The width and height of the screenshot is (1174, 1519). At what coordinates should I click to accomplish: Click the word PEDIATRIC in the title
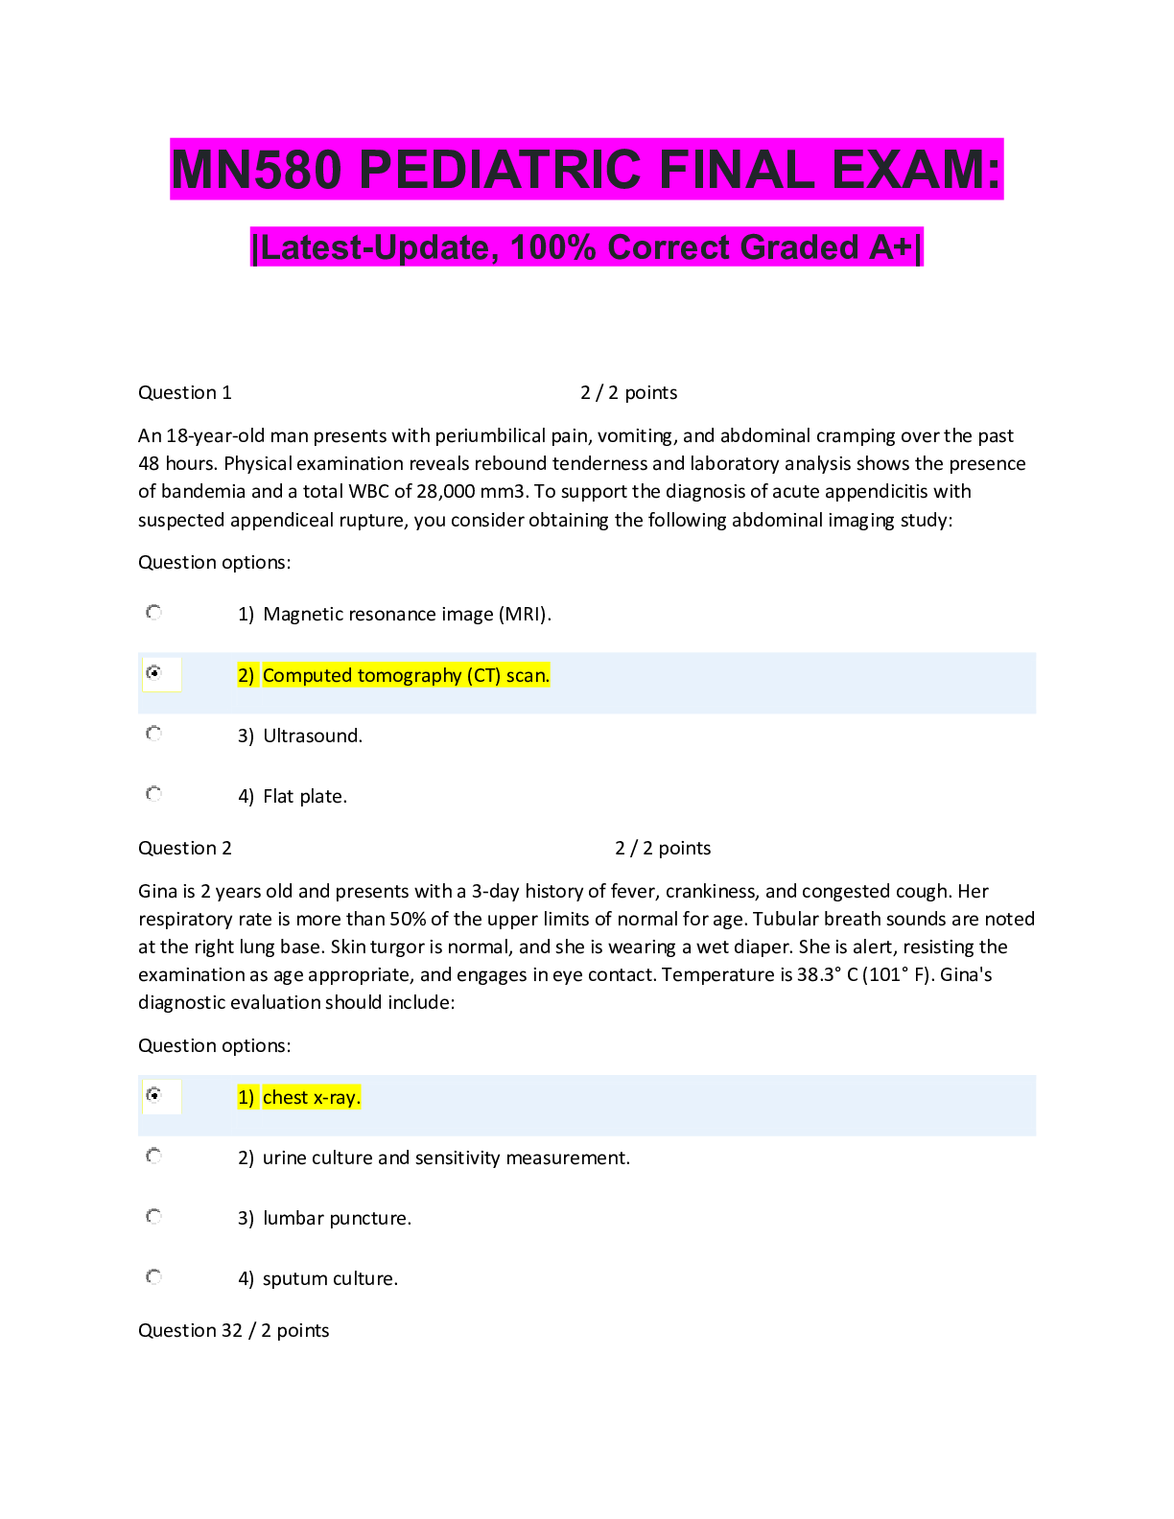click(500, 170)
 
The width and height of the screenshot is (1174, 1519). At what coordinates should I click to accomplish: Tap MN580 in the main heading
click(256, 170)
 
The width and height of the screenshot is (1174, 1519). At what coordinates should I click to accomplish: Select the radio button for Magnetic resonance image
click(153, 613)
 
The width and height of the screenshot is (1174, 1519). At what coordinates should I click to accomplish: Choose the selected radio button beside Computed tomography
click(153, 673)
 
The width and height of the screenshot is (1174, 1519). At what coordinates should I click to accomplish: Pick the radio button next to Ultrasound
click(153, 734)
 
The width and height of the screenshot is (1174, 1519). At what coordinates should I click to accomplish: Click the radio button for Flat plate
click(153, 794)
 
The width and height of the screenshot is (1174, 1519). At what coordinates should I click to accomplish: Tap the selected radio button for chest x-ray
click(153, 1095)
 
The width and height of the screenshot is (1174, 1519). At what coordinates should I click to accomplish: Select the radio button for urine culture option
click(153, 1156)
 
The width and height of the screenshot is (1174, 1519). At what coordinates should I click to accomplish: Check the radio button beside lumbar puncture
click(153, 1217)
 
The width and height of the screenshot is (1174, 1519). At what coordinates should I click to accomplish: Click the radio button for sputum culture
click(153, 1277)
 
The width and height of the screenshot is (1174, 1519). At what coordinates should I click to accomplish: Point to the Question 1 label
click(184, 392)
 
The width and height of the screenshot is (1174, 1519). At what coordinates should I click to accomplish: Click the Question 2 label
click(184, 848)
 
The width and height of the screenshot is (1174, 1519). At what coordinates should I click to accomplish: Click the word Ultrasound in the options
click(312, 736)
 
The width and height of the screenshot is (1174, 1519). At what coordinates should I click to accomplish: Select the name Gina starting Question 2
click(157, 892)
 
